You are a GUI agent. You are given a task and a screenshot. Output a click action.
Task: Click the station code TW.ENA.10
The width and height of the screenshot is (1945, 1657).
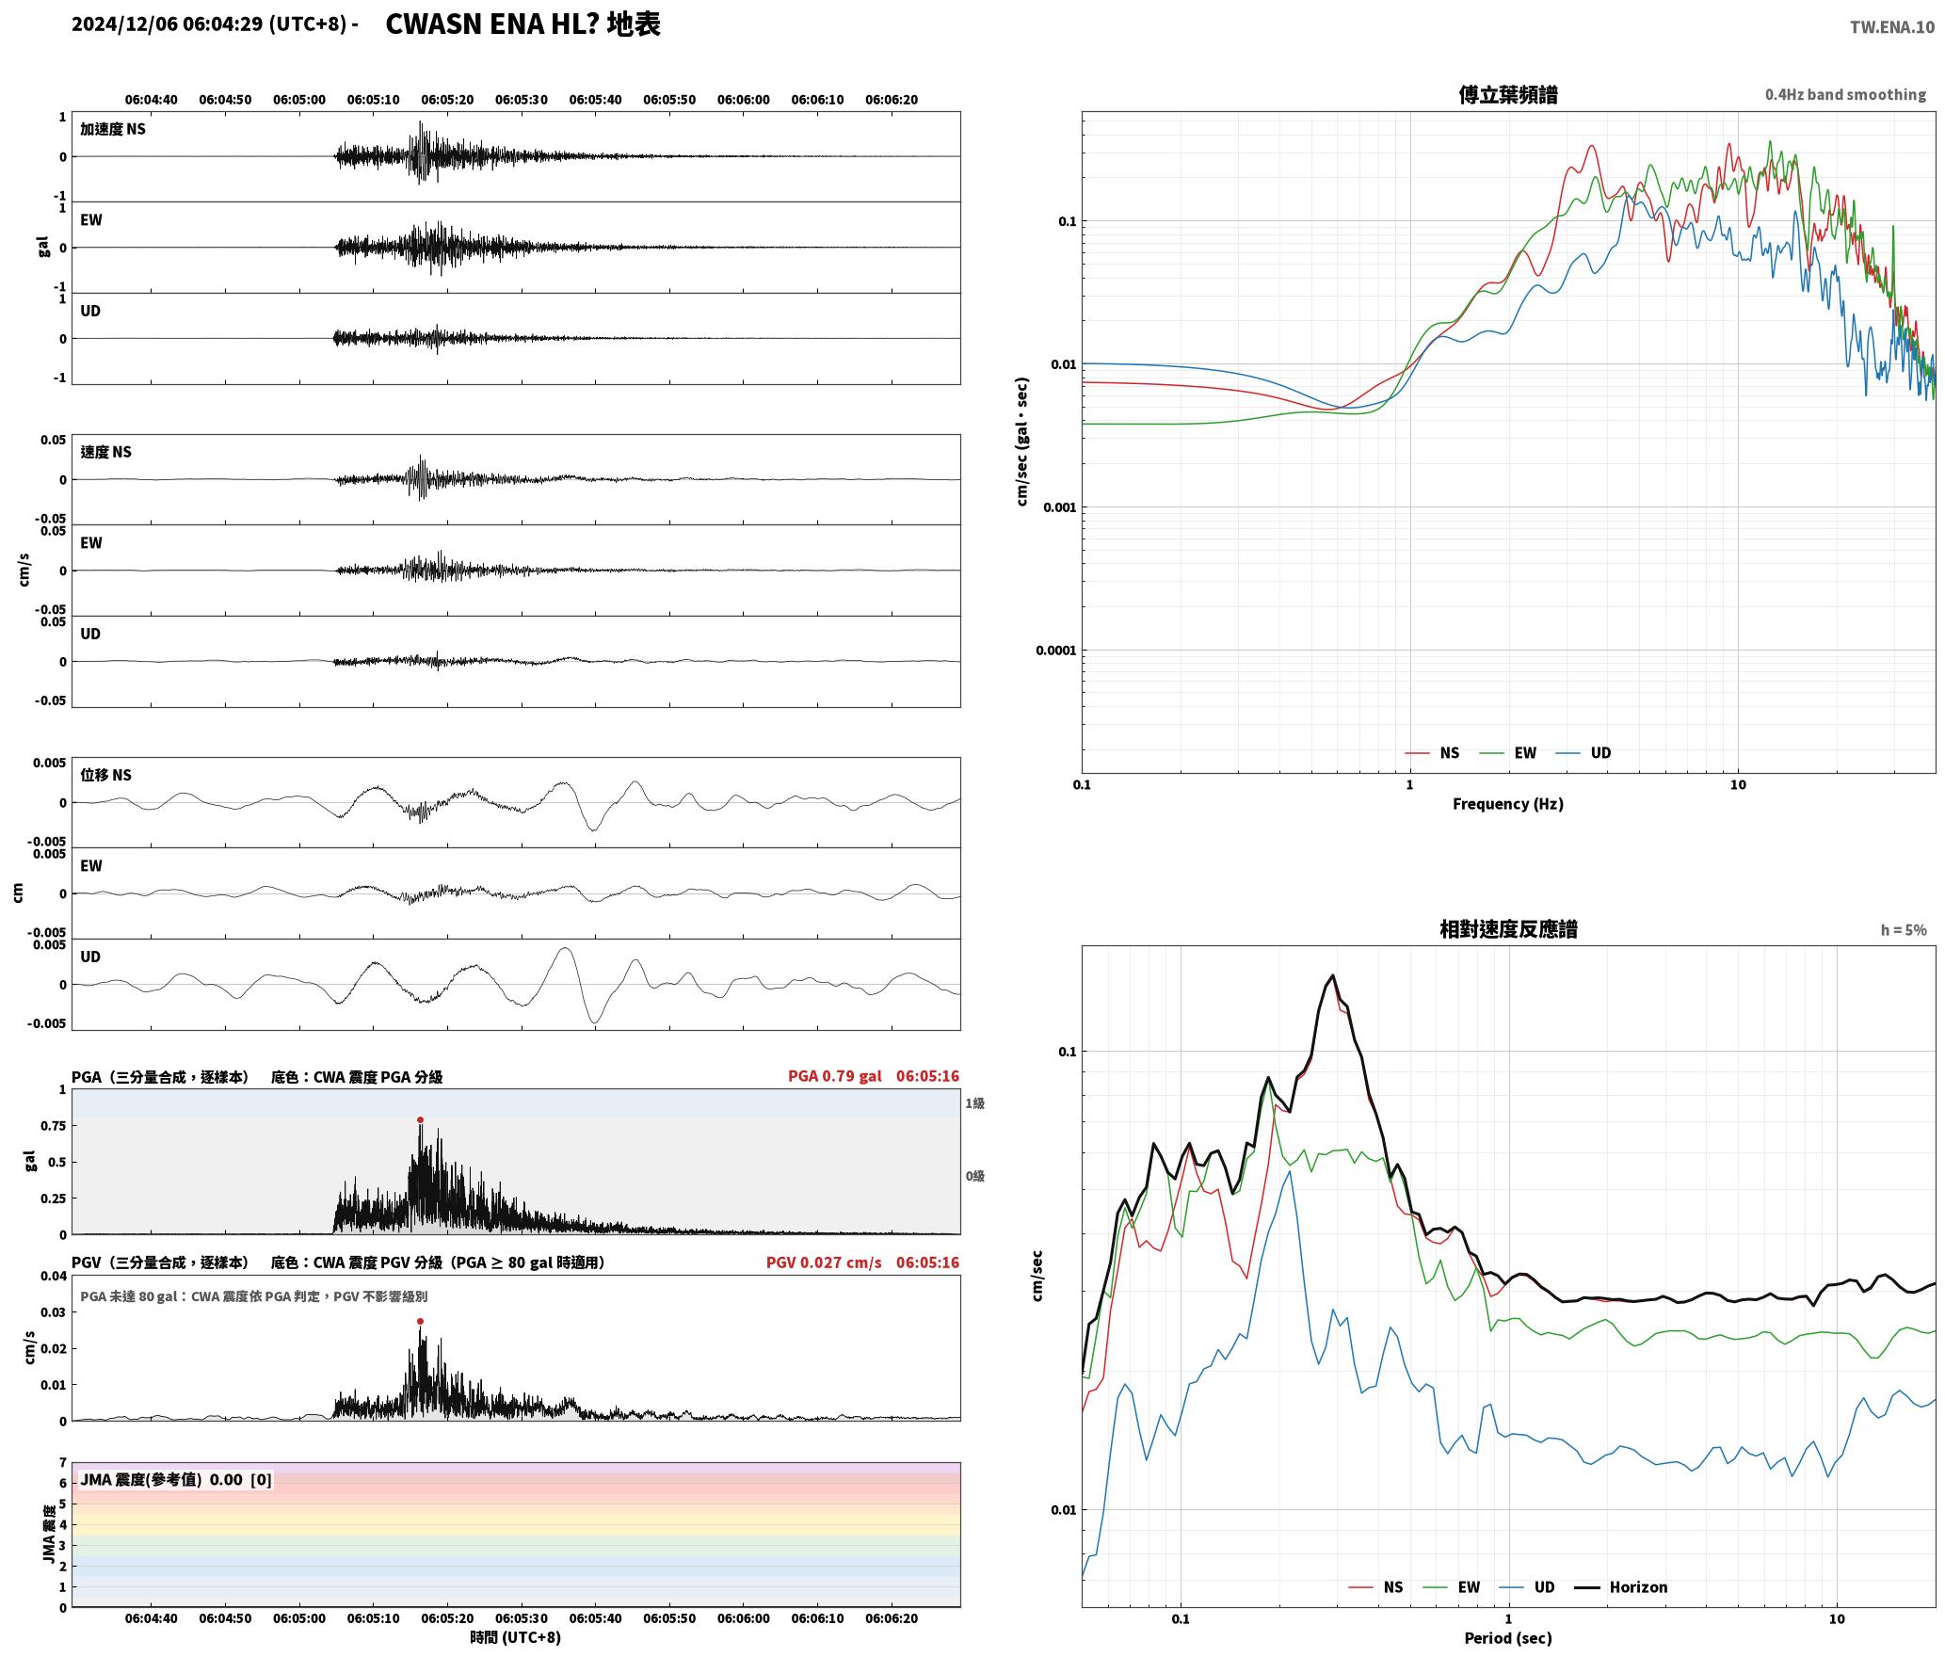pos(1892,27)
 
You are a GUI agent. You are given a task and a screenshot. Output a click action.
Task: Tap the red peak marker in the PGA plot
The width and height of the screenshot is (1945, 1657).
pos(420,1120)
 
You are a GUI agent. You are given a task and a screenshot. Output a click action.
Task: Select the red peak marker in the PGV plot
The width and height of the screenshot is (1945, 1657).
pos(420,1321)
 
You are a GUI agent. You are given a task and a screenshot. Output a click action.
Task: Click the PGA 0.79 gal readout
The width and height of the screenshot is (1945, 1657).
pos(835,1076)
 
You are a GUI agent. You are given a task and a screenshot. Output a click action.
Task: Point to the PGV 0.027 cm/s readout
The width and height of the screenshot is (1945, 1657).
pos(824,1263)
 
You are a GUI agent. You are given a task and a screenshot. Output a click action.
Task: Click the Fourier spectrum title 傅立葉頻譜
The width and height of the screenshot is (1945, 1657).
pos(1507,95)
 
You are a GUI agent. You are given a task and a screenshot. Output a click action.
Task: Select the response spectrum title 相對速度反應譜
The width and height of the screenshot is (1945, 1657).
pos(1508,929)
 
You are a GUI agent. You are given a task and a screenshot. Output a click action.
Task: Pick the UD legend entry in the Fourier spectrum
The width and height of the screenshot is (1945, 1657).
pos(1583,753)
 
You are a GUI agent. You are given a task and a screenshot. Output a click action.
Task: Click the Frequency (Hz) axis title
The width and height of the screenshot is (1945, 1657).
pos(1507,804)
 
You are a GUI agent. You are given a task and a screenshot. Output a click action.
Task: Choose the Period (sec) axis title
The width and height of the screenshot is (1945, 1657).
pos(1507,1638)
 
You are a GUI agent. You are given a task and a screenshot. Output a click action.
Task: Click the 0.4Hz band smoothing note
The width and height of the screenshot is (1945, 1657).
pos(1845,95)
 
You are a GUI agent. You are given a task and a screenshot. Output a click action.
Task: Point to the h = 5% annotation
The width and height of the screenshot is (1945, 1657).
pos(1904,930)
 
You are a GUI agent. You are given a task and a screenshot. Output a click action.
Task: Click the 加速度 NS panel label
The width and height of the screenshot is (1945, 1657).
pos(113,129)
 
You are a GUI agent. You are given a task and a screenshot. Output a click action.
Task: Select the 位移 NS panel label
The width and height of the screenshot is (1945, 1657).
pos(105,775)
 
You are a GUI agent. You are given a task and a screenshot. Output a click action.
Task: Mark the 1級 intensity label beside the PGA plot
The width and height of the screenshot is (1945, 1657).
pos(974,1103)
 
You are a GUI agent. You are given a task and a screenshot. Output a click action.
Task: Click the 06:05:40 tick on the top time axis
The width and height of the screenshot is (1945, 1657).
pos(595,100)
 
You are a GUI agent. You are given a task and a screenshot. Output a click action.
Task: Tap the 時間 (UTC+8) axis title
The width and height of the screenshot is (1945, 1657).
pos(516,1638)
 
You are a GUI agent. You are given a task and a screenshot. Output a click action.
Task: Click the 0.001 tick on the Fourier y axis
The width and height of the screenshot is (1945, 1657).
pos(1059,507)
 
